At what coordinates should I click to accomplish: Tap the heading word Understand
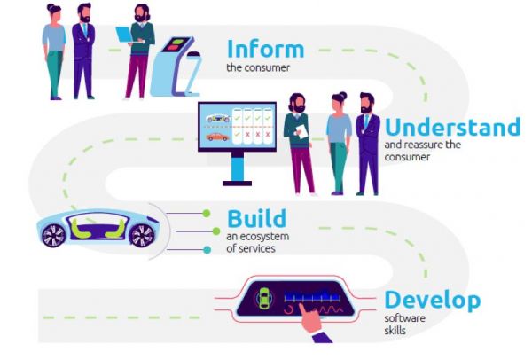click(452, 127)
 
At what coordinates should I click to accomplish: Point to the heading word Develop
click(432, 300)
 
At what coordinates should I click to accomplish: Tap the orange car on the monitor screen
click(217, 137)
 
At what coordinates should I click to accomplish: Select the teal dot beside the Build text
click(207, 250)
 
